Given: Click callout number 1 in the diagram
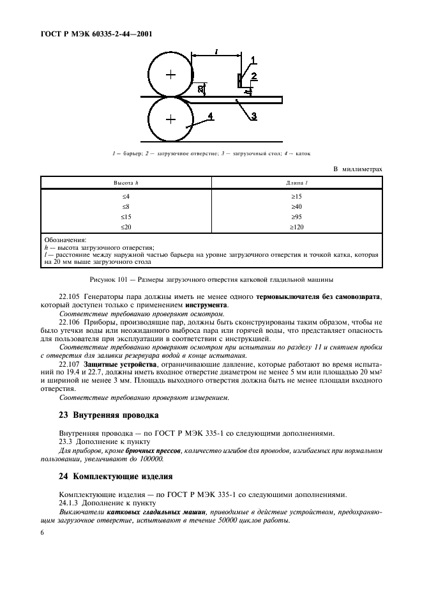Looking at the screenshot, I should pyautogui.click(x=253, y=60).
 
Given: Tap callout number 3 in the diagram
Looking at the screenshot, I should pyautogui.click(x=253, y=116).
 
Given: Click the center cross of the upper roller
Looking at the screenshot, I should pyautogui.click(x=170, y=75).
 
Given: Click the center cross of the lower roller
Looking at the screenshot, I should pyautogui.click(x=170, y=119).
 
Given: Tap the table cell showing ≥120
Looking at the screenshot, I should pyautogui.click(x=297, y=227).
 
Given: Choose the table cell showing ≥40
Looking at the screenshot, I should pyautogui.click(x=297, y=206).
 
